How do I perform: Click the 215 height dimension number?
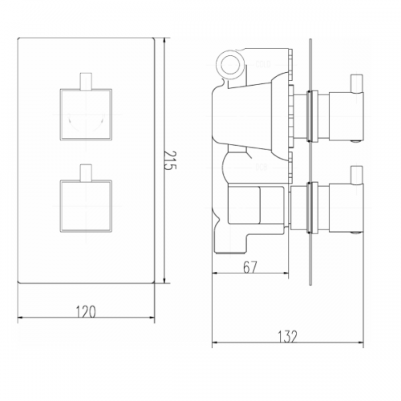[x=170, y=160]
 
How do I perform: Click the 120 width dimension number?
[x=86, y=312]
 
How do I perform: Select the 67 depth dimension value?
[x=250, y=267]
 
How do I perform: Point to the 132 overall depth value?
[x=288, y=337]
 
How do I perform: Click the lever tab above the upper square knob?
[x=86, y=81]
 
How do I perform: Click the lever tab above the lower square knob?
[x=86, y=172]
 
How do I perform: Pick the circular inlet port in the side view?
[x=229, y=64]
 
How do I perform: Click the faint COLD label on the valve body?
[x=263, y=64]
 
